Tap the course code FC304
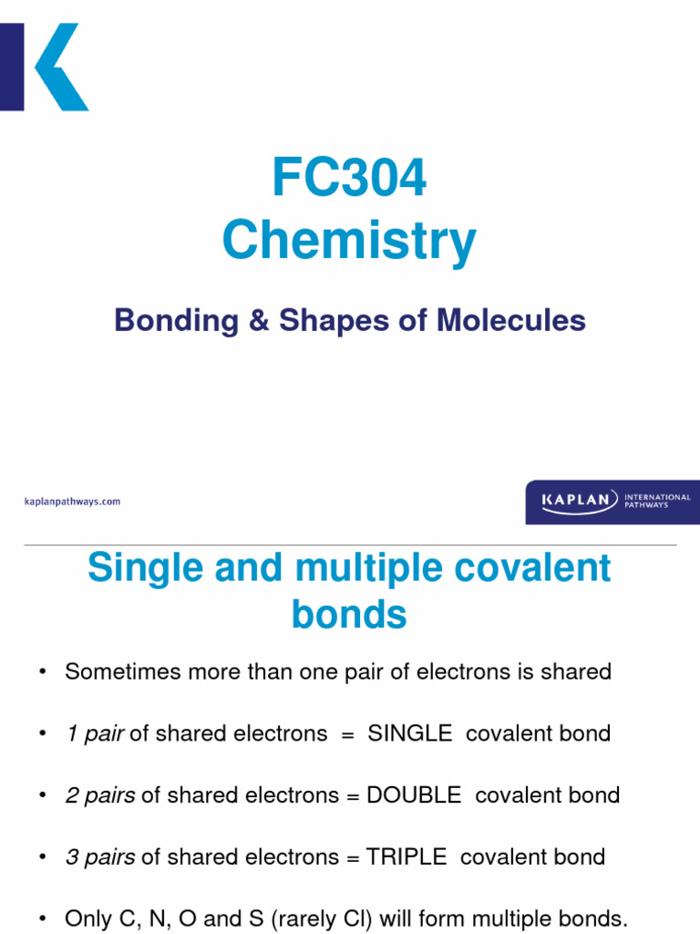click(x=349, y=178)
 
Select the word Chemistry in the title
click(x=349, y=242)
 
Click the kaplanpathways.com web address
click(x=71, y=502)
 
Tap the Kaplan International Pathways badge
click(x=608, y=502)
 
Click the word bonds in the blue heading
click(x=349, y=615)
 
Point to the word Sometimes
click(x=128, y=672)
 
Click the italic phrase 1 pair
click(x=95, y=733)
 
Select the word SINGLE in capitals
click(x=410, y=733)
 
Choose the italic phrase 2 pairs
click(x=100, y=795)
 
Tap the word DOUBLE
click(x=414, y=795)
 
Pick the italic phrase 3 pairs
click(x=100, y=857)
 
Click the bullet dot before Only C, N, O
click(x=42, y=918)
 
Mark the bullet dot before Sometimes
click(x=42, y=672)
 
